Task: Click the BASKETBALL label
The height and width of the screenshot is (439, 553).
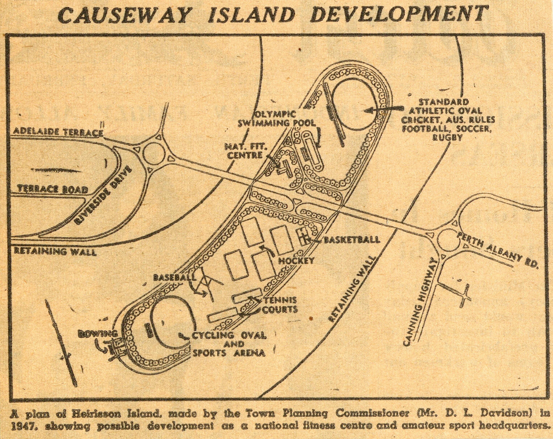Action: pos(352,240)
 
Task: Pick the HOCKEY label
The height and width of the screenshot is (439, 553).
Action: pos(296,261)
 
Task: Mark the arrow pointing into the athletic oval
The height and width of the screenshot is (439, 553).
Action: pos(385,109)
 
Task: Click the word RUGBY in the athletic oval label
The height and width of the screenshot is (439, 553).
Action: pos(447,138)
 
